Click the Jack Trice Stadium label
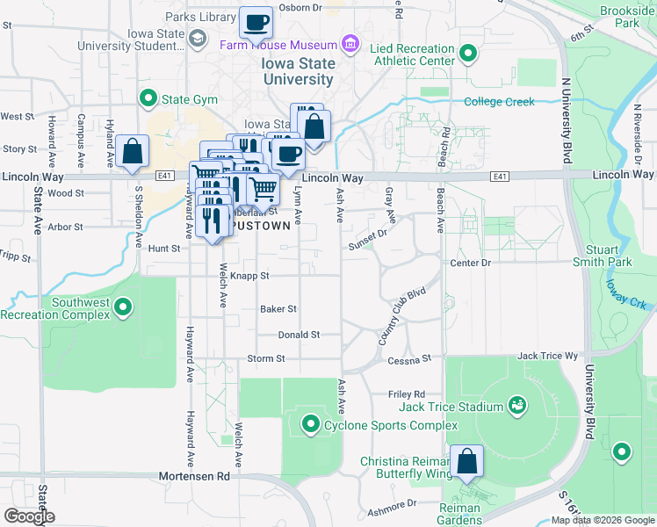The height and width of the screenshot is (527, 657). coord(451,407)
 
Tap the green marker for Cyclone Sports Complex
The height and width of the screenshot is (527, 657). coord(310,425)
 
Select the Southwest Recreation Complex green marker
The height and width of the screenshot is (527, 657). coord(124,307)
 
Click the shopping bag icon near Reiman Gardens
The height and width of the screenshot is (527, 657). coord(467,461)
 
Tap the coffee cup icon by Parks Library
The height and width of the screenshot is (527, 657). coord(256,23)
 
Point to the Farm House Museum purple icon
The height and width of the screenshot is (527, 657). coord(350,44)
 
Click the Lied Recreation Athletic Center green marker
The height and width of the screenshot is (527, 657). coord(468,54)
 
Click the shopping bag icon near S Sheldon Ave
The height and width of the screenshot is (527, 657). coord(133,152)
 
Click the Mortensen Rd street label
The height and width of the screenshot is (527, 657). coord(193,476)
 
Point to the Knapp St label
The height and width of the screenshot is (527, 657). coord(251,275)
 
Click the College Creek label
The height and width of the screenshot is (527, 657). coord(499,102)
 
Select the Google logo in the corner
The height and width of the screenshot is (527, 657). coord(29,516)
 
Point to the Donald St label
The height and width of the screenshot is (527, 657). coord(299,335)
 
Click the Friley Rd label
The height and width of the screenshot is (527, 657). coord(407,394)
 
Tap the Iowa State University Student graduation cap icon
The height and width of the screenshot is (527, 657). coord(199,40)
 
